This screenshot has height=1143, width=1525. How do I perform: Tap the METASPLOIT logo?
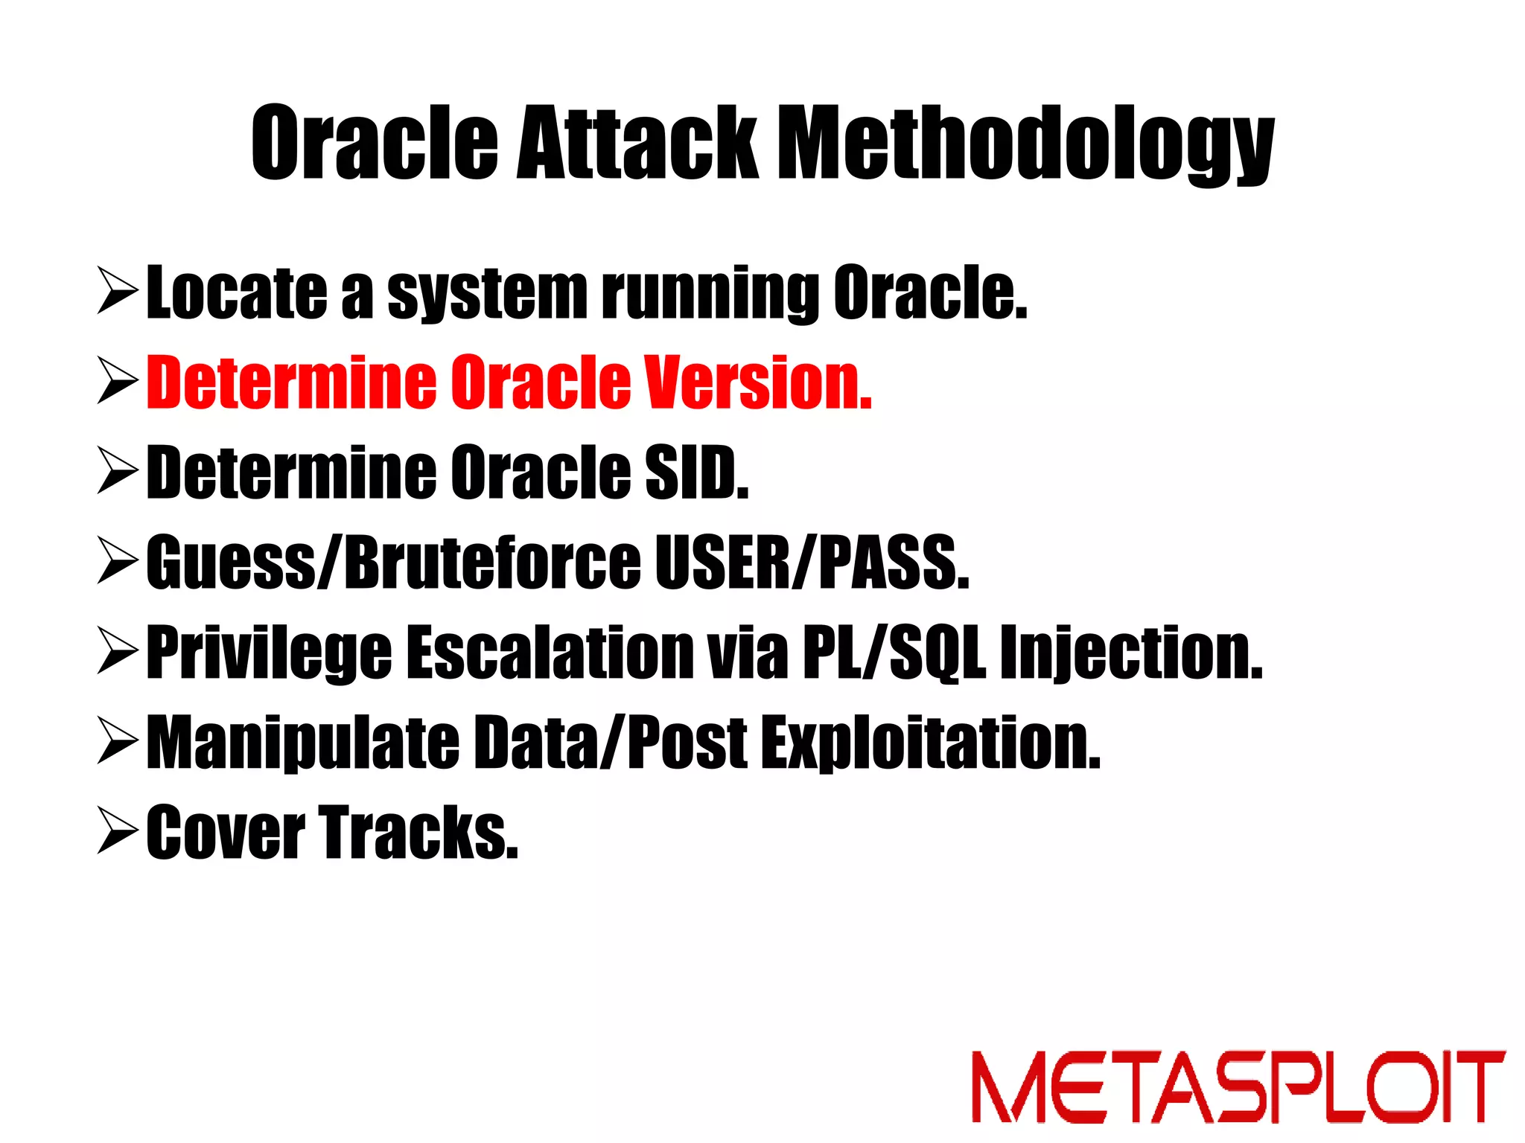click(x=1238, y=1086)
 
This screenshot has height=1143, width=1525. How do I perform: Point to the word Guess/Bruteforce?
click(x=393, y=563)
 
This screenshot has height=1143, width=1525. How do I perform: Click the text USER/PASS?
click(x=812, y=563)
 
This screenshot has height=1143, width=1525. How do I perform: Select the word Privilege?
click(x=269, y=653)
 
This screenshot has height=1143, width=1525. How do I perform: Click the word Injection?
click(x=1131, y=653)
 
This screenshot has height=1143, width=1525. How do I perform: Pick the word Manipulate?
click(x=302, y=743)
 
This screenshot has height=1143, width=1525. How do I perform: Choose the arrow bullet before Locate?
click(x=117, y=292)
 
